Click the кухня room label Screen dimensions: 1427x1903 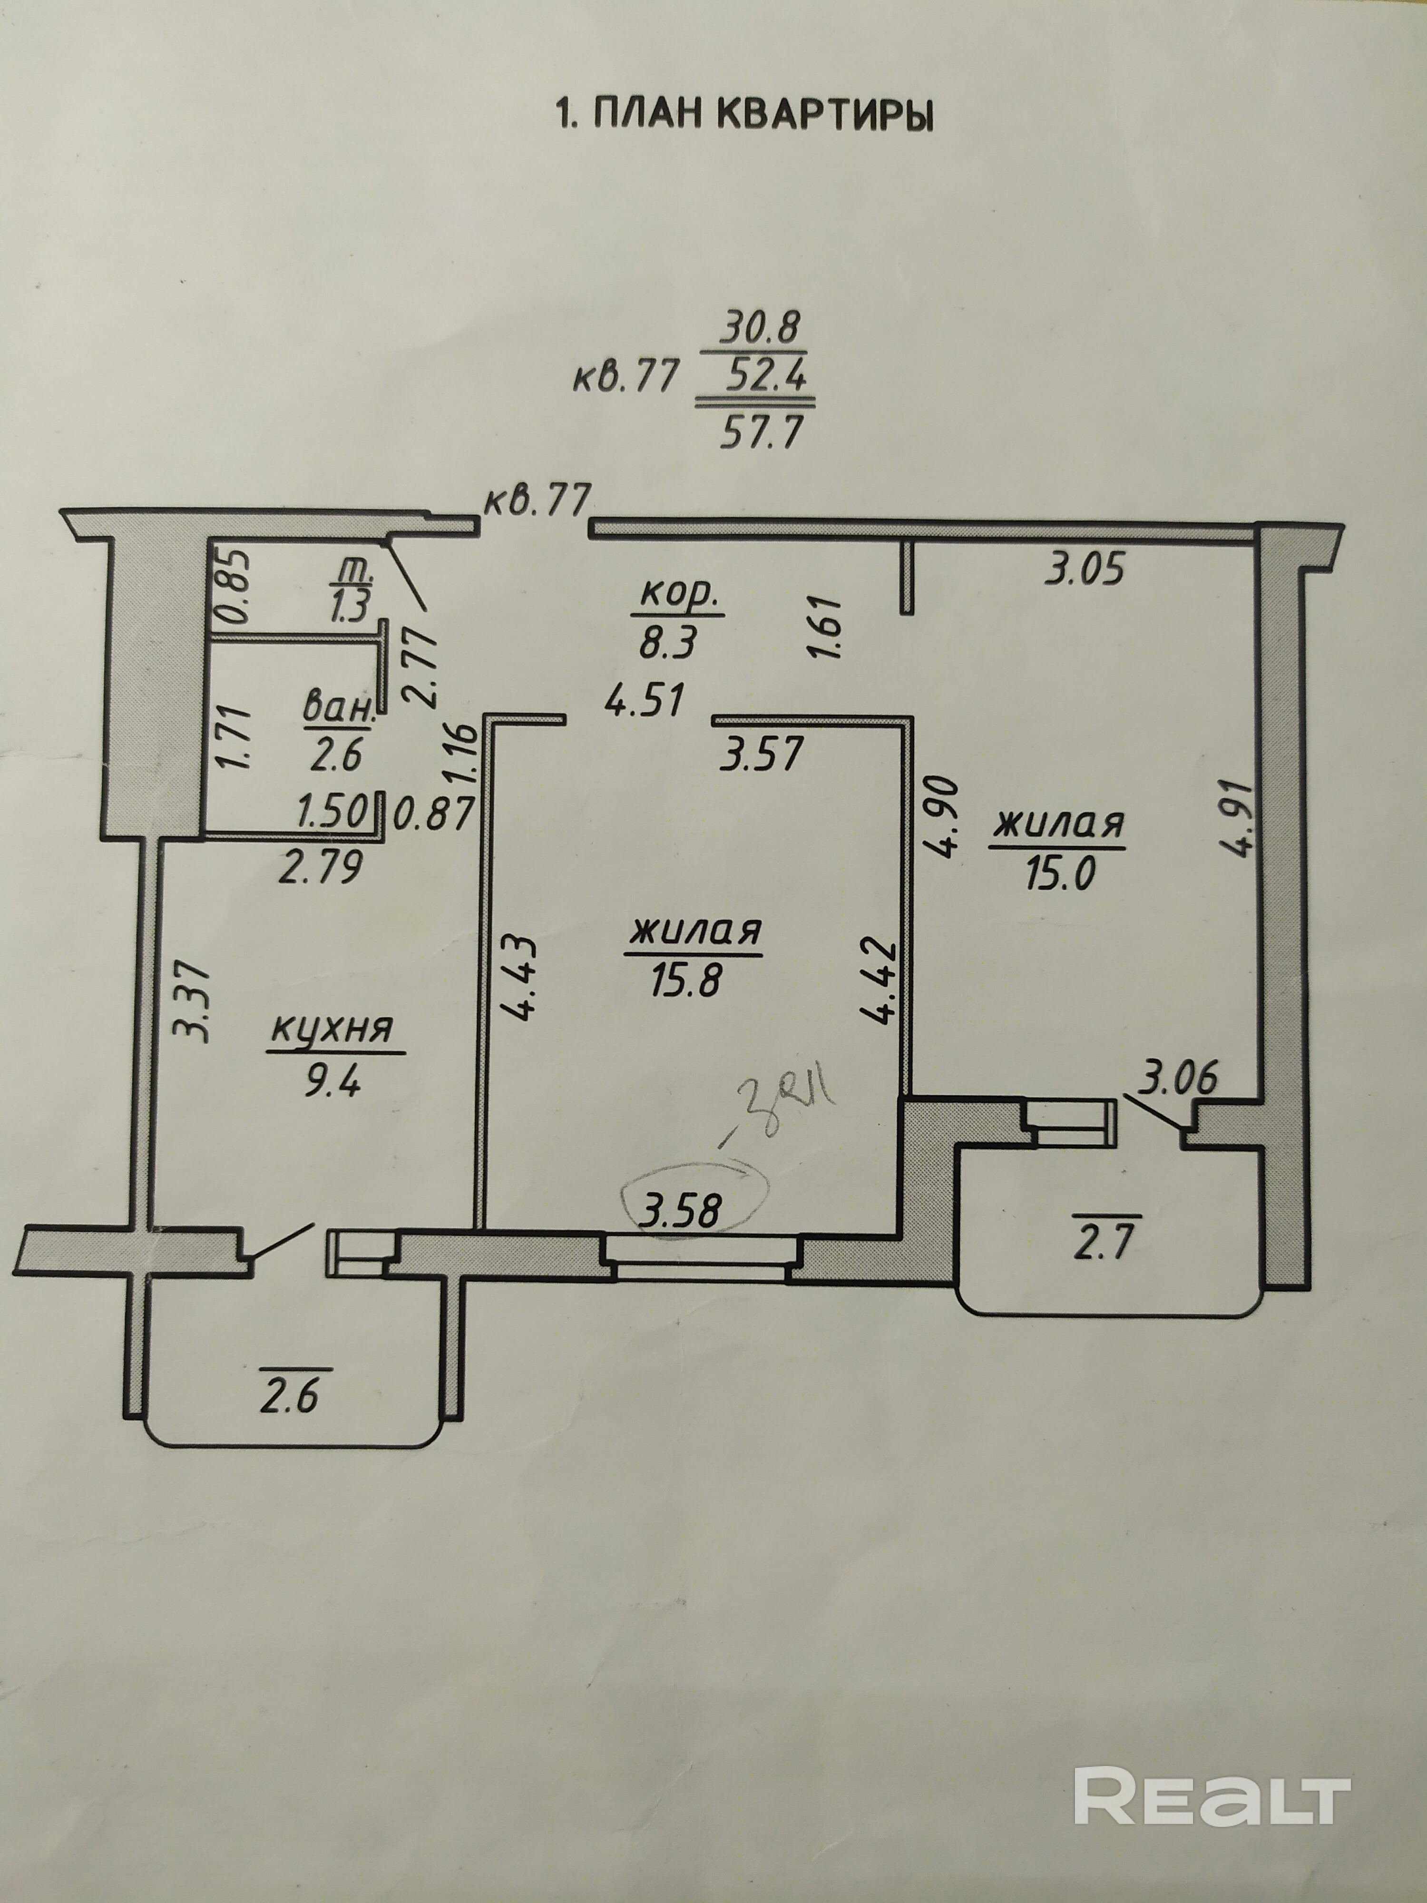click(334, 1029)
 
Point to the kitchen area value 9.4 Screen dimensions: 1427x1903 click(334, 1078)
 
